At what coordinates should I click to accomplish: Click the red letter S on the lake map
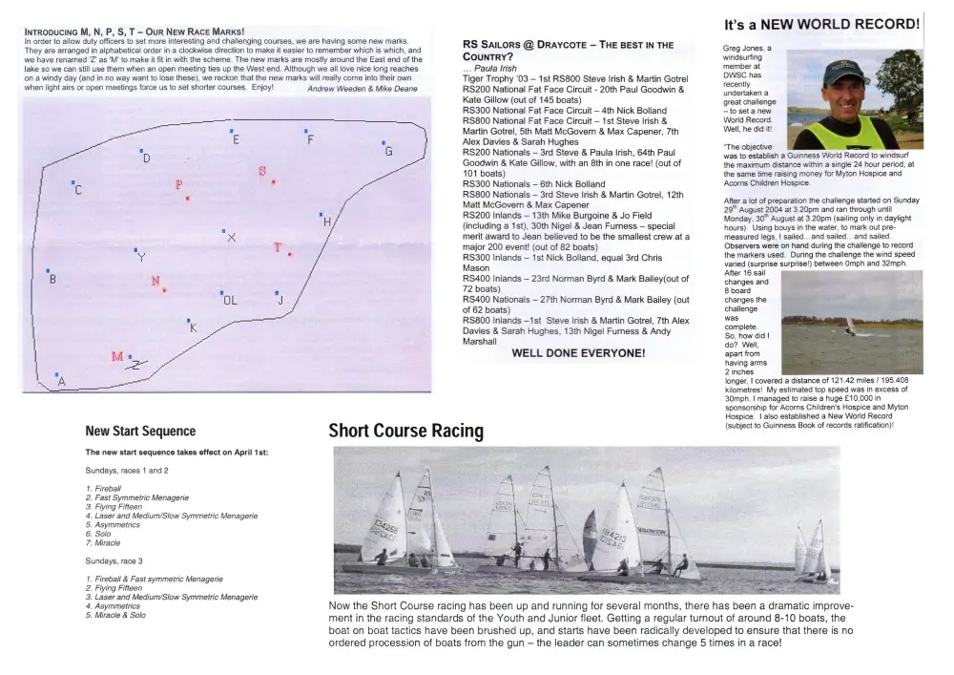(262, 171)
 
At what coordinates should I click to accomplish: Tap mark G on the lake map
(387, 151)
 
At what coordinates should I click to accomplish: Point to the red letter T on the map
(279, 247)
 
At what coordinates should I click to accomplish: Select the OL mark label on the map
(229, 300)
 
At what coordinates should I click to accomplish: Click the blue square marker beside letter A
(57, 375)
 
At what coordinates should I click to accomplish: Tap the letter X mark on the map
(231, 236)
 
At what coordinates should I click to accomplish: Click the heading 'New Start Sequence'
(140, 432)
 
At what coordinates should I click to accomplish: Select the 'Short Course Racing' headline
(405, 432)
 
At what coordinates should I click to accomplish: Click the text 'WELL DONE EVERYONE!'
(578, 352)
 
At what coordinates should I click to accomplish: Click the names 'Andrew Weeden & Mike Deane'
(363, 88)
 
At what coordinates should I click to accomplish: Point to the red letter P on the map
(178, 185)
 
